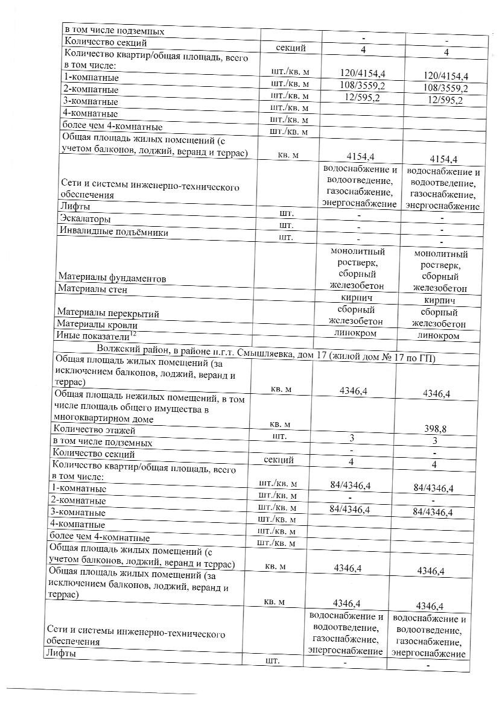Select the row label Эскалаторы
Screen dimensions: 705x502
click(84, 218)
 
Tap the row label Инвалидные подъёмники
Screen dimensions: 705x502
click(113, 232)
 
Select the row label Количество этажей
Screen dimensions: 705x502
click(94, 430)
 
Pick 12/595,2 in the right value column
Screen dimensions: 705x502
click(443, 101)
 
